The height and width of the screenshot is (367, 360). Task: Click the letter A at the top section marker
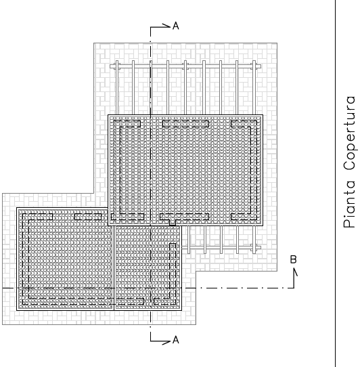[176, 26]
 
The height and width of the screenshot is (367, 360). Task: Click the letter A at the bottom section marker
[176, 340]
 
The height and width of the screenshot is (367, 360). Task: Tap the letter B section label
[293, 259]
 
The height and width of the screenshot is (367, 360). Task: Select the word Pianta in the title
[349, 204]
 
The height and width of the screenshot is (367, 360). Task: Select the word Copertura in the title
[349, 133]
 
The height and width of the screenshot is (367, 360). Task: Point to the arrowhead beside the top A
[166, 26]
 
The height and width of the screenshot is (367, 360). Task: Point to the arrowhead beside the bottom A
[166, 343]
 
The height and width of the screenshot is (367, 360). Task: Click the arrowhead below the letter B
[296, 272]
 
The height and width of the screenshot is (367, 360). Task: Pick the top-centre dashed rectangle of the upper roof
[185, 124]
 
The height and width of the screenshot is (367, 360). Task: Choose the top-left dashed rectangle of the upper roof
[127, 124]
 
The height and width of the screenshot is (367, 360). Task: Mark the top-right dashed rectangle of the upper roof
[244, 124]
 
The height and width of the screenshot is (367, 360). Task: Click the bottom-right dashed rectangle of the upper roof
[244, 217]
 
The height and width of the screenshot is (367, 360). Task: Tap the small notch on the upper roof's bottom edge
[173, 222]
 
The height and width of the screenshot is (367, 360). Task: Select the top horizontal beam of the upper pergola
[185, 67]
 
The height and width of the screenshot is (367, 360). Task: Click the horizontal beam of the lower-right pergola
[221, 247]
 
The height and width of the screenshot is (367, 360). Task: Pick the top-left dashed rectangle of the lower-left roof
[37, 217]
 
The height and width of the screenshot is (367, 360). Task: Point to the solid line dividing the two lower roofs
[114, 268]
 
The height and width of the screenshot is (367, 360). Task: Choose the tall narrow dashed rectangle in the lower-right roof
[173, 274]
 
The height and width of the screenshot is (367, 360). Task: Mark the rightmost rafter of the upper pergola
[254, 88]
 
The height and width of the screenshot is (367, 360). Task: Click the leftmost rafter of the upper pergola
[117, 88]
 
